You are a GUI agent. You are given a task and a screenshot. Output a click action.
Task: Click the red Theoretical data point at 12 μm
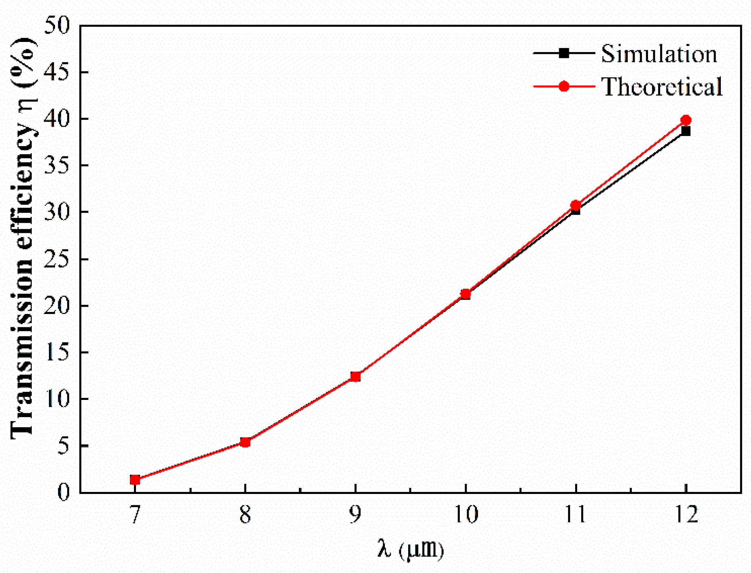(686, 120)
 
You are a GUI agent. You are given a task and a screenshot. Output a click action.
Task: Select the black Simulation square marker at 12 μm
(686, 131)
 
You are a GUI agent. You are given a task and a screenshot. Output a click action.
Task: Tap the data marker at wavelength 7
(135, 480)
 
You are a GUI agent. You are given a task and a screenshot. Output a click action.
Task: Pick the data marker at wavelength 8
(245, 442)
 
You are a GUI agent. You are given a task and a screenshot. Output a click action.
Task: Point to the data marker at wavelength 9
(356, 377)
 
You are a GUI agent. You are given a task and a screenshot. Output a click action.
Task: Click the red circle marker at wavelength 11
(575, 205)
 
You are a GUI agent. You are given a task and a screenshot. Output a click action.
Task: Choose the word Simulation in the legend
(659, 54)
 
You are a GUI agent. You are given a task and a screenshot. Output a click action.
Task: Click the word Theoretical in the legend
(662, 87)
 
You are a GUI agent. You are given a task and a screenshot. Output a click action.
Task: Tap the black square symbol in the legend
(564, 53)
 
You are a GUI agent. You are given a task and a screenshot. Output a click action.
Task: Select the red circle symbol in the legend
(564, 86)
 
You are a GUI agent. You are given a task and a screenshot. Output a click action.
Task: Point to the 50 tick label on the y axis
(57, 26)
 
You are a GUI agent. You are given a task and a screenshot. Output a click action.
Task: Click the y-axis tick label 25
(57, 259)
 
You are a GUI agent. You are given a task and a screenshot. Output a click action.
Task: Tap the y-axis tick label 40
(57, 119)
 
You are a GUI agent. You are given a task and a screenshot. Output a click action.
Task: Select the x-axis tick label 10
(466, 514)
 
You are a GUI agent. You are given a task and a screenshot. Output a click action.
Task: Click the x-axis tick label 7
(135, 514)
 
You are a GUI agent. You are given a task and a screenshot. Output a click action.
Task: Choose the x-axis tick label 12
(686, 514)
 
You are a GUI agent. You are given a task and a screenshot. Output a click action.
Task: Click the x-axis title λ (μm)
(410, 549)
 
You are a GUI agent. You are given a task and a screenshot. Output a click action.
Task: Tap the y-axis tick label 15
(57, 352)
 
